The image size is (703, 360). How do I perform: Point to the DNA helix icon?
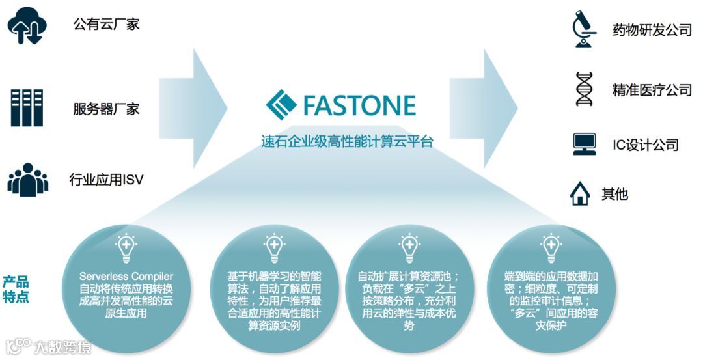[x=584, y=89]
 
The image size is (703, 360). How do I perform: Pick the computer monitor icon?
[x=584, y=143]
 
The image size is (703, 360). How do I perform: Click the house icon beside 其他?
[x=580, y=194]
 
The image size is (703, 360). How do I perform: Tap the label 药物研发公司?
[x=652, y=30]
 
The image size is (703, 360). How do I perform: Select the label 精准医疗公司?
[x=652, y=90]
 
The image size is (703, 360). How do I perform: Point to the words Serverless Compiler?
[x=126, y=277]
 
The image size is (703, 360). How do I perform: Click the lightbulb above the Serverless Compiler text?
[x=126, y=247]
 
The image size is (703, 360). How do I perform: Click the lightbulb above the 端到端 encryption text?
[x=551, y=247]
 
